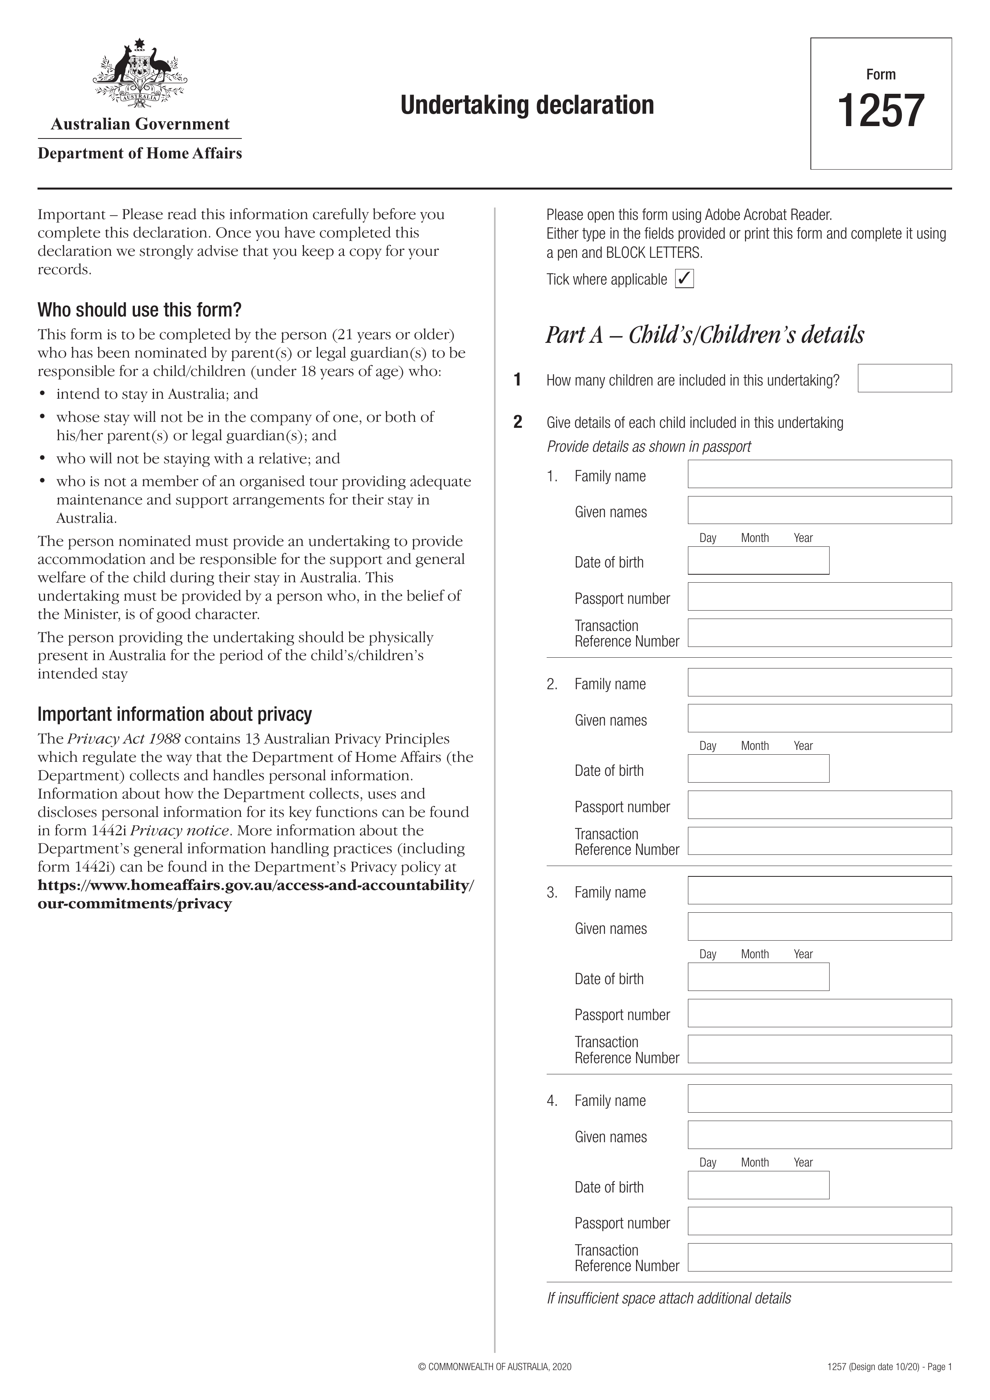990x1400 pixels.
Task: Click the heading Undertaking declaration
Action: point(527,105)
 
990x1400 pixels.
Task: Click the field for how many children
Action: point(904,378)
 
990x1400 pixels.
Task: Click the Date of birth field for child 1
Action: point(758,560)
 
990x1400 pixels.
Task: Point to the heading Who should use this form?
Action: point(140,310)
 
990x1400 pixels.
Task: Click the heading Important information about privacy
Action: point(174,714)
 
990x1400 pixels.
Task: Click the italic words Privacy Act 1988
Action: point(123,739)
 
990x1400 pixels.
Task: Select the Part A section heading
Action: point(704,335)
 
